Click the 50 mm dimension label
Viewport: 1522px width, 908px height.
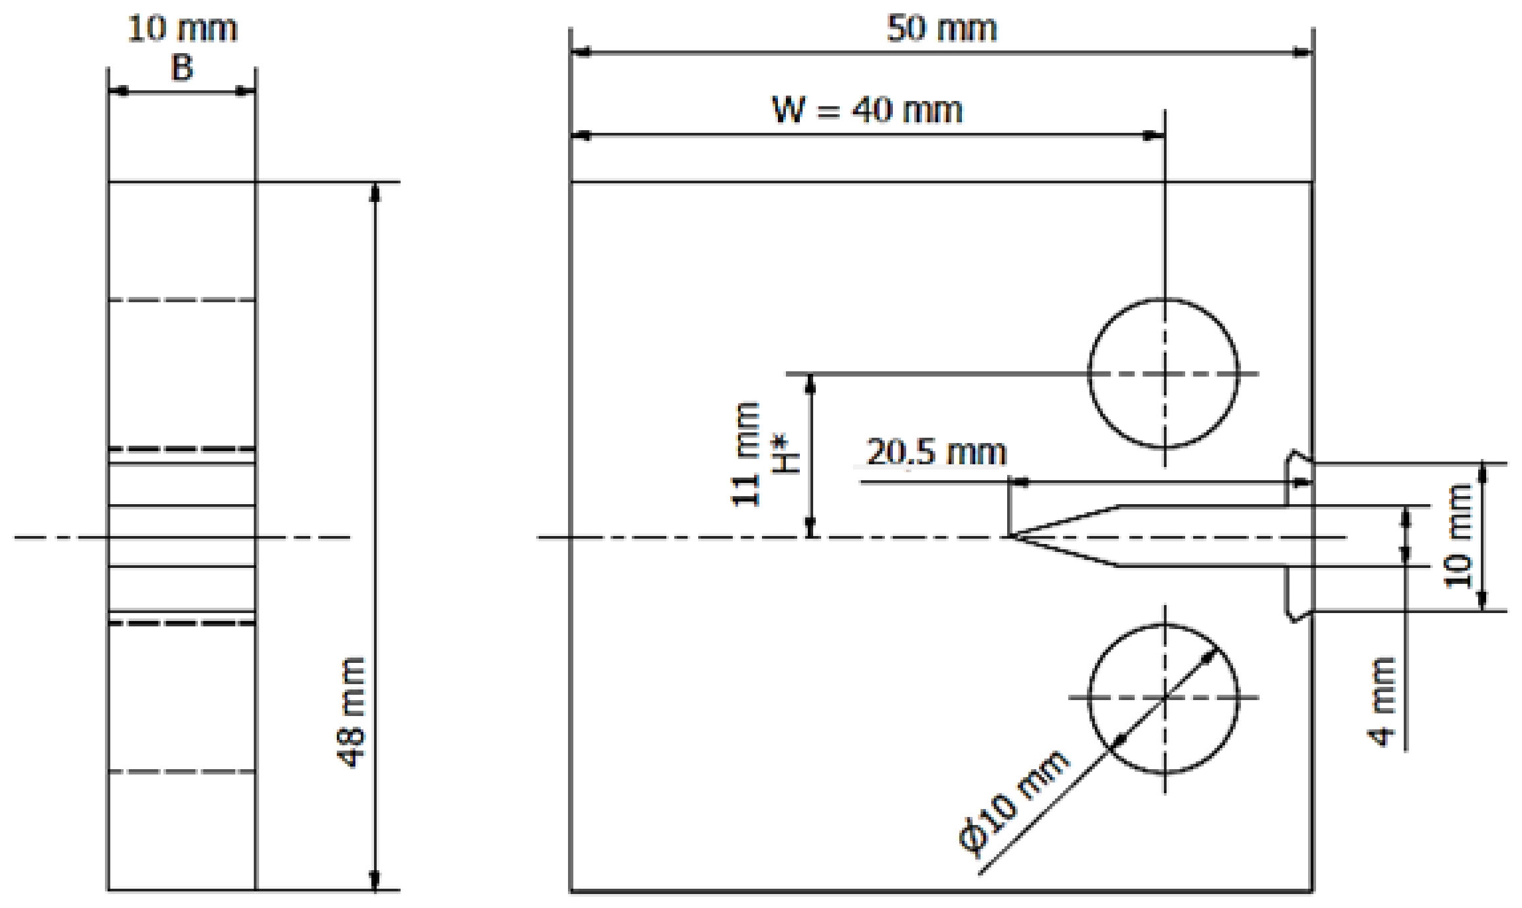pyautogui.click(x=941, y=29)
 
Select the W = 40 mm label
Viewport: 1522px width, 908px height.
pyautogui.click(x=866, y=110)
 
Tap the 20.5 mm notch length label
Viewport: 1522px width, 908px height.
pyautogui.click(x=936, y=453)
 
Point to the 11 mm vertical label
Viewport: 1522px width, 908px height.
pyautogui.click(x=745, y=455)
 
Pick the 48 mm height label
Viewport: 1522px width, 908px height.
pyautogui.click(x=351, y=712)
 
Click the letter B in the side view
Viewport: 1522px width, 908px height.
pyautogui.click(x=182, y=68)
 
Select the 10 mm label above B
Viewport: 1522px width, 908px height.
pyautogui.click(x=182, y=29)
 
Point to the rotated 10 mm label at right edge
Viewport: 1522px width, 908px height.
pyautogui.click(x=1460, y=536)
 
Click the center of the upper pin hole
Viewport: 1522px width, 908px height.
pyautogui.click(x=1164, y=373)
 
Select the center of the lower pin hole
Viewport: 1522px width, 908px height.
pyautogui.click(x=1164, y=697)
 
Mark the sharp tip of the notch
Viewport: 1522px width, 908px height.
pyautogui.click(x=1010, y=535)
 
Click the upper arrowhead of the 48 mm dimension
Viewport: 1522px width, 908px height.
pyautogui.click(x=375, y=191)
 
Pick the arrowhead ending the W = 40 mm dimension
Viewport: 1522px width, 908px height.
pyautogui.click(x=1153, y=136)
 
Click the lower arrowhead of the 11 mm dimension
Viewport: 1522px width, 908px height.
pyautogui.click(x=810, y=527)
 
